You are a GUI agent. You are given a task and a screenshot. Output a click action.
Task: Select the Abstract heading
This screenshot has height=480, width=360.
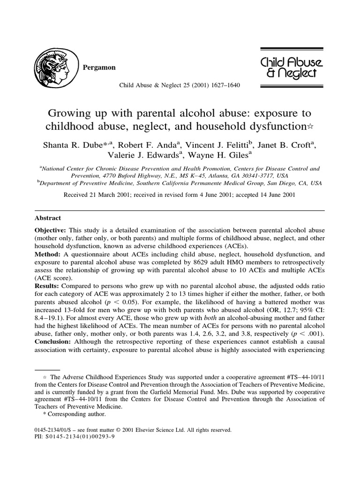[48, 218]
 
